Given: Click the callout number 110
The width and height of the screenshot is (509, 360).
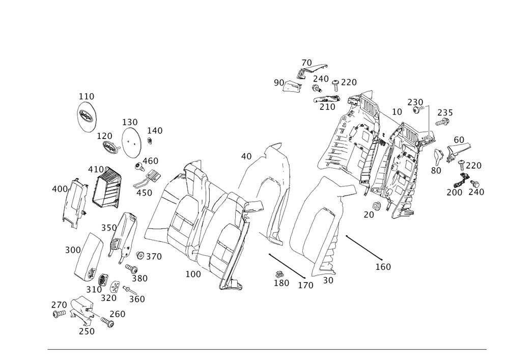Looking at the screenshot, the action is pos(87,96).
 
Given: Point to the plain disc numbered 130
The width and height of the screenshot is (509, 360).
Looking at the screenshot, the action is pos(131,142).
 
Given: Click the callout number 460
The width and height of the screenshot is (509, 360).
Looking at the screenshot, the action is pos(150,161).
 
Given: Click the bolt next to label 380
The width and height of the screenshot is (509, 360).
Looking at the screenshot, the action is pos(132,268).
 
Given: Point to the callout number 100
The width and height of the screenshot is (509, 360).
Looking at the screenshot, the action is pos(193,274).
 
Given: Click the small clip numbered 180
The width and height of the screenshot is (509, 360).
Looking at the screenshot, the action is pos(279,274).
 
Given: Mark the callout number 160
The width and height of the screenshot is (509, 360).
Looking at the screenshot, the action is pos(383,267).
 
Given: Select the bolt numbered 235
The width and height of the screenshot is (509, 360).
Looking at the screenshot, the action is pos(442,122).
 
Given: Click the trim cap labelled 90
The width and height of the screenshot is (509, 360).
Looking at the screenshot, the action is pos(293,87).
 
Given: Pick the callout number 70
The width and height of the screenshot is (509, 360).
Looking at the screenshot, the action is pos(306,63).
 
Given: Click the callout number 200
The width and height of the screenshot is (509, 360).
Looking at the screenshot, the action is pos(454,192).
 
